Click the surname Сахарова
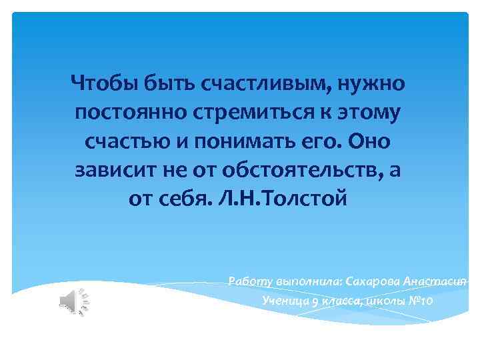373,281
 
